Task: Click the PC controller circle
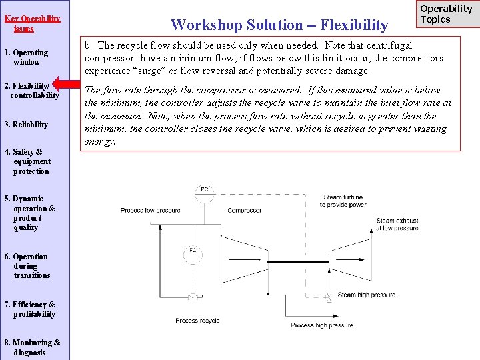[x=205, y=190]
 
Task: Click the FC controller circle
[x=192, y=252]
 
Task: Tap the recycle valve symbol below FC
[x=193, y=295]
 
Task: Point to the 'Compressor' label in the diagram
[x=244, y=211]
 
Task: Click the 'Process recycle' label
[x=197, y=321]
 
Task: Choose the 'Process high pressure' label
[x=322, y=325]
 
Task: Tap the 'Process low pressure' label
[x=150, y=211]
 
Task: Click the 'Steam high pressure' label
[x=367, y=295]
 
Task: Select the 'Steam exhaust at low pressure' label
[x=397, y=224]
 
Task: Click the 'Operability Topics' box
[x=445, y=15]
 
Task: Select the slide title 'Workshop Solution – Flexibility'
[x=279, y=25]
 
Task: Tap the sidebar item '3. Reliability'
[x=26, y=125]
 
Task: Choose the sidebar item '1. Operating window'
[x=26, y=57]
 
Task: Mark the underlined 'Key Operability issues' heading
[x=31, y=23]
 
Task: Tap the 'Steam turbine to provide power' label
[x=343, y=201]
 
